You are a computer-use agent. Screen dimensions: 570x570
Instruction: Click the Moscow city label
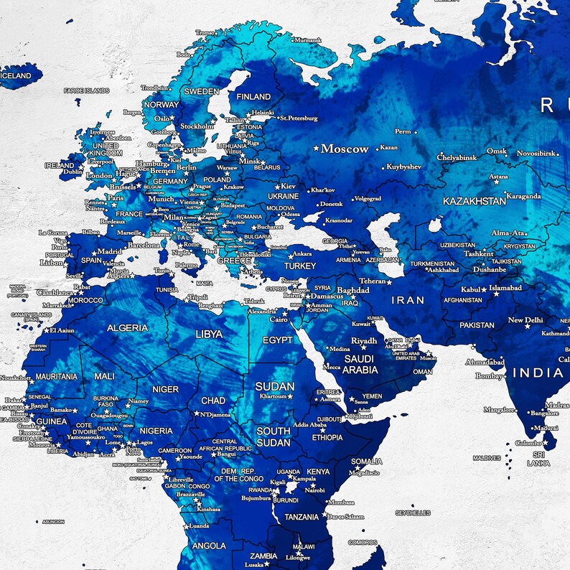345,149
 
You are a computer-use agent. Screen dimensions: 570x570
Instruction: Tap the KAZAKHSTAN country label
475,201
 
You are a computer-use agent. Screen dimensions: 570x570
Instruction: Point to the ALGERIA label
128,328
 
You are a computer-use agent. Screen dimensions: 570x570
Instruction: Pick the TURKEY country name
300,266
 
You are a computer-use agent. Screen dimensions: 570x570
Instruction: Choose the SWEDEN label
201,92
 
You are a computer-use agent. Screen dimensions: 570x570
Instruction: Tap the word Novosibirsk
536,153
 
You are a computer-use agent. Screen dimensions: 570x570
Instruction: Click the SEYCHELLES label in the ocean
413,513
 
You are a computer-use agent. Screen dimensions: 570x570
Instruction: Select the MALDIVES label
487,457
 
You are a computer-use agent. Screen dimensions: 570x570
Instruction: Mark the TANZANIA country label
302,517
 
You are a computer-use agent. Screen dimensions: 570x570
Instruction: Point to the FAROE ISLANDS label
86,90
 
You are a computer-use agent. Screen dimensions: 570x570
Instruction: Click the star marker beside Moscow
316,149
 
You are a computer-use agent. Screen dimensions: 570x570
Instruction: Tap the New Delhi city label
525,320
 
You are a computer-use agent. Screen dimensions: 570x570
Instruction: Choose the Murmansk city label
308,40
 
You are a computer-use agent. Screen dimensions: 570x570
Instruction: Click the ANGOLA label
209,546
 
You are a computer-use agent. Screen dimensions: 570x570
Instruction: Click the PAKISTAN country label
477,324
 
